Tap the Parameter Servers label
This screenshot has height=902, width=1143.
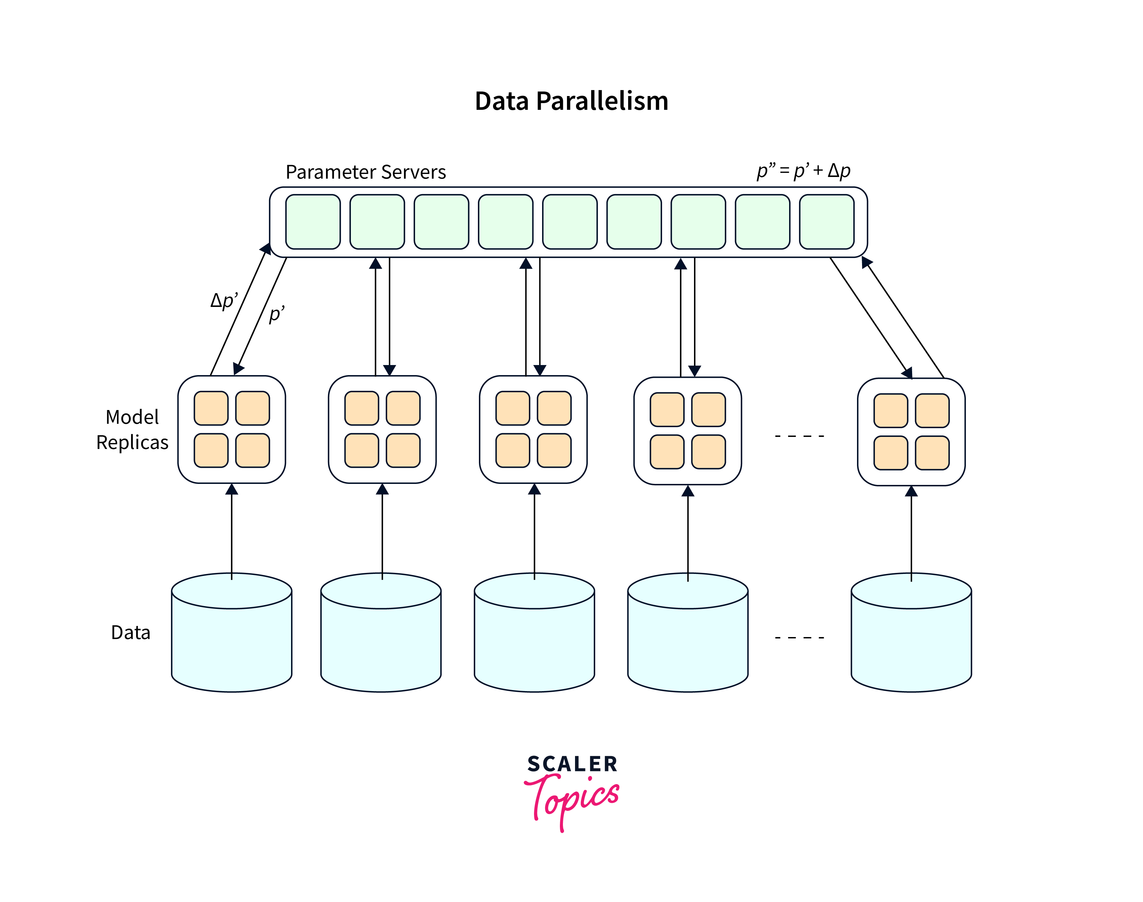tap(366, 172)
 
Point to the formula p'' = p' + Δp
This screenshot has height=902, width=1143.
tap(803, 171)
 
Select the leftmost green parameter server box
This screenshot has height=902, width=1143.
tap(313, 222)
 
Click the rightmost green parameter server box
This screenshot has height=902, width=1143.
tap(826, 222)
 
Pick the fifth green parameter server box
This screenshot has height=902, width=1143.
tap(570, 222)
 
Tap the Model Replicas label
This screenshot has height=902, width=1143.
tap(132, 430)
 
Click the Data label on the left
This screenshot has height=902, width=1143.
tap(130, 632)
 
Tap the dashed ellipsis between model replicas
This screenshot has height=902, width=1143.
tap(799, 436)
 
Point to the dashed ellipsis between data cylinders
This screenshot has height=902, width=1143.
tap(799, 637)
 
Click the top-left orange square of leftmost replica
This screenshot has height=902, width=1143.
tap(211, 408)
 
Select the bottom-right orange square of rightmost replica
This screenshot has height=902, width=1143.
tap(932, 453)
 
